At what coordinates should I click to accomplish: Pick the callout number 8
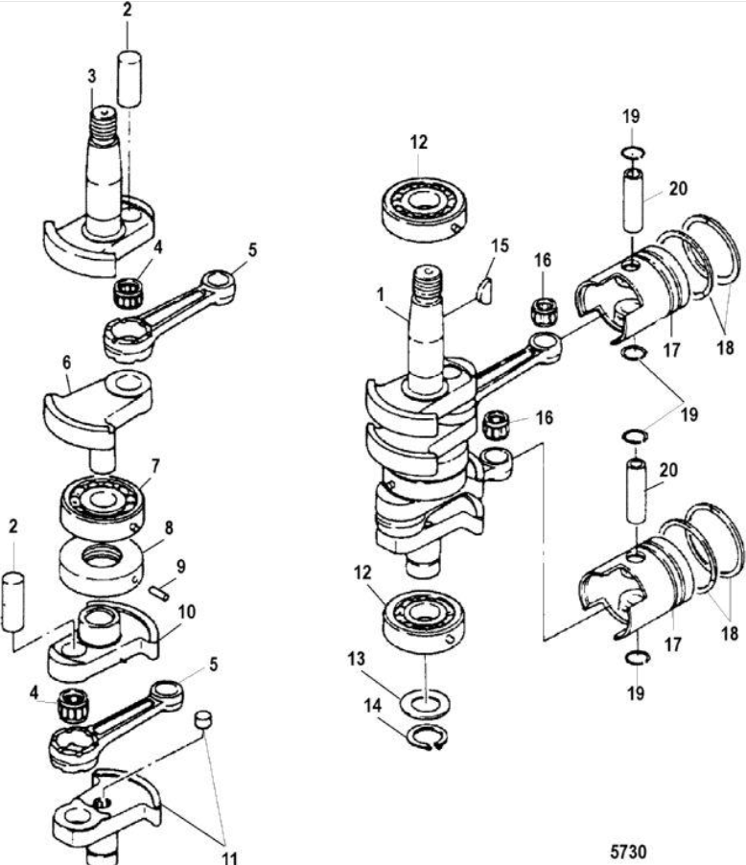(168, 526)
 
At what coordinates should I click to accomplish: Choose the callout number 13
(357, 662)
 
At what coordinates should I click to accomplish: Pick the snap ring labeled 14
(424, 741)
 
